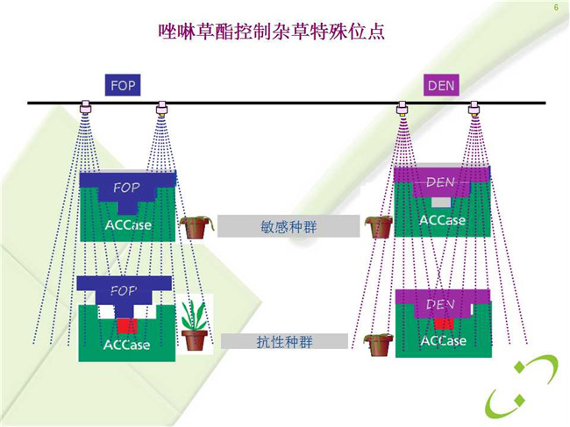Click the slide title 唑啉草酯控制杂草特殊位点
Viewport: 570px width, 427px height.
coord(272,32)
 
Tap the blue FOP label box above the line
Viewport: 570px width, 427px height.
coord(123,85)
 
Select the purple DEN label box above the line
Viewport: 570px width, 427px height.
coord(441,85)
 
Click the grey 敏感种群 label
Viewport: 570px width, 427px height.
coord(289,226)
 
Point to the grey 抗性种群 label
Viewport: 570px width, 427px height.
coord(284,342)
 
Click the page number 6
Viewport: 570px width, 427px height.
coord(556,7)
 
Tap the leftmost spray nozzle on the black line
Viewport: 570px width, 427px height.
coord(86,107)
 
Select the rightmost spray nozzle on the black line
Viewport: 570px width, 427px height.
coord(474,108)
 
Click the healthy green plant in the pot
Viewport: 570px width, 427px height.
coord(195,324)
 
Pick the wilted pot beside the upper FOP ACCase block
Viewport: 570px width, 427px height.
coord(196,227)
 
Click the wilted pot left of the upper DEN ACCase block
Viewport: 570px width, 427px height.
coord(379,227)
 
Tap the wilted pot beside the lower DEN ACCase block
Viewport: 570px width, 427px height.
coord(378,345)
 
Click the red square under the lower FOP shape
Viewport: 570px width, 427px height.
coord(127,326)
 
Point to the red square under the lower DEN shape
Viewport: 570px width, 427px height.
coord(444,323)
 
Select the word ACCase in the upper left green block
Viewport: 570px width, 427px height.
coord(128,225)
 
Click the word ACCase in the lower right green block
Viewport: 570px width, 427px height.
coord(444,340)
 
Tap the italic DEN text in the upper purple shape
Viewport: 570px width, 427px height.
coord(440,181)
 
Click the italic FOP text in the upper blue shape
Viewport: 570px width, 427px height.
coord(126,188)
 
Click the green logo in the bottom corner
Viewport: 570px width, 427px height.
coord(522,387)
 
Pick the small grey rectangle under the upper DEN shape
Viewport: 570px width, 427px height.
coord(441,203)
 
